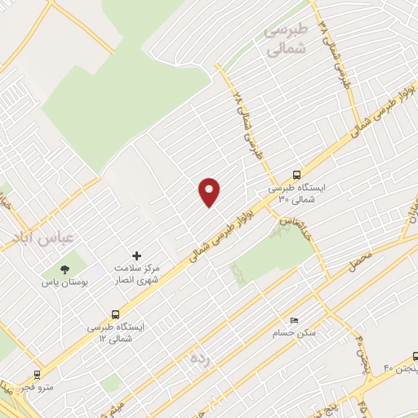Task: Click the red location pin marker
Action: point(210,192)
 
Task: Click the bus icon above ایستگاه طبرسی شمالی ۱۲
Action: point(114,313)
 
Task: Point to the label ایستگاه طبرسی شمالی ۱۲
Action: point(116,331)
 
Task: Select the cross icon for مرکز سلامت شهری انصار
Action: point(136,256)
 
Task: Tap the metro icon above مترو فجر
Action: point(36,374)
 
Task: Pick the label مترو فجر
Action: point(36,387)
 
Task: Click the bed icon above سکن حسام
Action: point(295,320)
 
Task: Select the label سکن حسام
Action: point(295,333)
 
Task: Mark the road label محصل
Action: point(361,261)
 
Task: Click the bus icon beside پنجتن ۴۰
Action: point(416,356)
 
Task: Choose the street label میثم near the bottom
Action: point(118,405)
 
